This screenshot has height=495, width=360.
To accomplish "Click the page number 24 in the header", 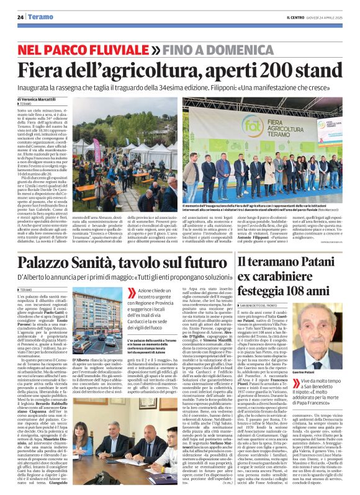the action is [x=20, y=17].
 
